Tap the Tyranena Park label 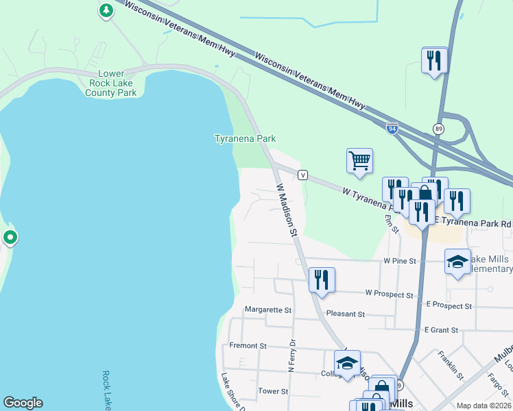click(246, 138)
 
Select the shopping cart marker click(360, 162)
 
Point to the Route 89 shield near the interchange click(438, 128)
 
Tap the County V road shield click(302, 175)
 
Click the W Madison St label click(286, 210)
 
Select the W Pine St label click(400, 261)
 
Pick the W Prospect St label click(390, 294)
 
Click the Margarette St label click(268, 310)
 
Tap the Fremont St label click(248, 346)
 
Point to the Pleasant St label click(346, 314)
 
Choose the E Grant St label click(441, 330)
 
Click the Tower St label click(273, 391)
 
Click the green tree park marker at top click(106, 10)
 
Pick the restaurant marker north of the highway click(435, 60)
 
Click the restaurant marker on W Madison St click(322, 279)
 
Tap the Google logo click(23, 403)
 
